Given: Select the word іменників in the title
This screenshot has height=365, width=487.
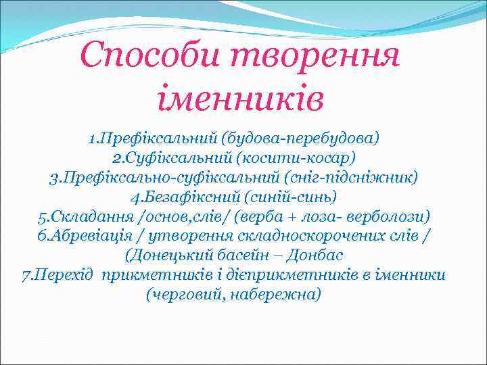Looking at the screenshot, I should pos(241,99).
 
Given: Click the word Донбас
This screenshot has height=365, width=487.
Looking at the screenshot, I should pos(320,255).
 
